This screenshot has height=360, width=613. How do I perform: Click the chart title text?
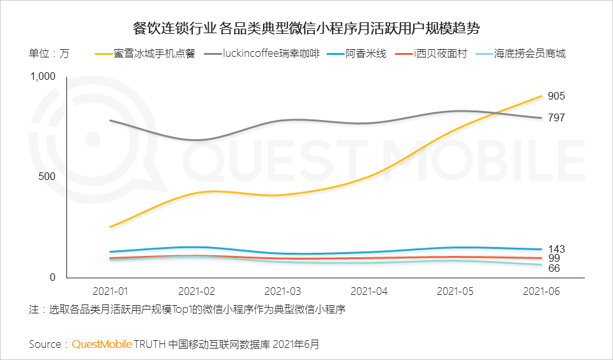tap(306, 29)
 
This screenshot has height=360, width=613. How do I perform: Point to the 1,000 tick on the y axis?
tap(43, 77)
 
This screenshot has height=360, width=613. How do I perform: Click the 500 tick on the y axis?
tap(48, 177)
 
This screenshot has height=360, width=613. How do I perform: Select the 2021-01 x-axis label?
tap(110, 291)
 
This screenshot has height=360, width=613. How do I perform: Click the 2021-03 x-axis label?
tap(283, 291)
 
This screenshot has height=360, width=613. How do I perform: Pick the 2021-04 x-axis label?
tap(369, 291)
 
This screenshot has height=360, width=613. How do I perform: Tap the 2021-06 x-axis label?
tap(541, 291)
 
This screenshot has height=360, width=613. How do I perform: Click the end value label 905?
tap(556, 96)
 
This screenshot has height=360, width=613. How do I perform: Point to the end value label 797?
tap(556, 117)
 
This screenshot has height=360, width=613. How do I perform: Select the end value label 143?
tap(556, 249)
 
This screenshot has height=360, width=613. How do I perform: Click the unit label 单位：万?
tap(49, 54)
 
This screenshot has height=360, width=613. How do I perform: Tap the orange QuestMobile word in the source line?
tap(102, 344)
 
